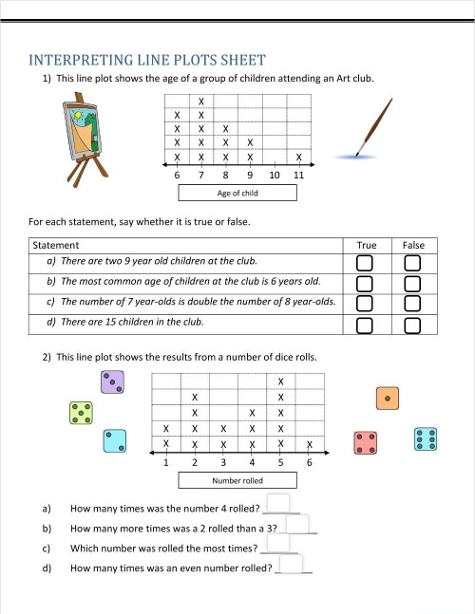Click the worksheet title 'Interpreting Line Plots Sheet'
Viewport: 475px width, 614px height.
[146, 61]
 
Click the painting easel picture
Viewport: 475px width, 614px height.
[80, 140]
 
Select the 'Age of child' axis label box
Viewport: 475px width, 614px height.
[237, 193]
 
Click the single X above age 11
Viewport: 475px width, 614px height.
[298, 158]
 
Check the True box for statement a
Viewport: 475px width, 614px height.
[366, 262]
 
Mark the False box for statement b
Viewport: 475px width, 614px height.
[413, 284]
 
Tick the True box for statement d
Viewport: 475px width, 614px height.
[366, 326]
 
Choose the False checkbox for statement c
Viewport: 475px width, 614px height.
[413, 304]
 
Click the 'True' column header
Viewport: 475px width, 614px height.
[366, 245]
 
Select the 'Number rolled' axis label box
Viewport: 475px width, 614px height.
[237, 481]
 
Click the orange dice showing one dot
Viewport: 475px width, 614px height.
[387, 399]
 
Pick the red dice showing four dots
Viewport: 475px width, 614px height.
[366, 442]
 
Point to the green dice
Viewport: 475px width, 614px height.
[81, 413]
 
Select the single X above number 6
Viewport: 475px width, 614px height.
[310, 445]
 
